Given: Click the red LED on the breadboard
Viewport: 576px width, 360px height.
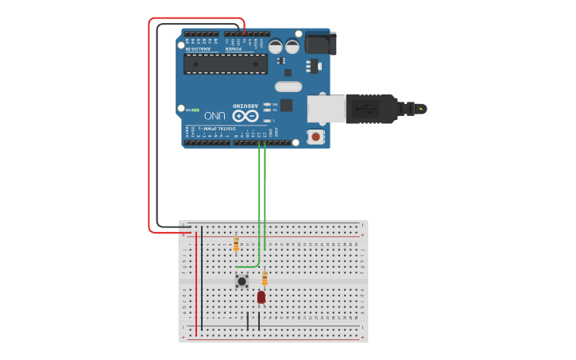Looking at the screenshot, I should point(261,296).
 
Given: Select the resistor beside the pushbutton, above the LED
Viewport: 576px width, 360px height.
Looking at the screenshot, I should point(265,278).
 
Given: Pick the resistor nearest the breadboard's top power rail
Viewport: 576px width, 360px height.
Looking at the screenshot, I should point(236,244).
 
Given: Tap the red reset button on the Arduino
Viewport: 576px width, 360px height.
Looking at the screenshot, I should point(316,137).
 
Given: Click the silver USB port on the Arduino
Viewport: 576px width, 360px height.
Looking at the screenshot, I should point(327,109).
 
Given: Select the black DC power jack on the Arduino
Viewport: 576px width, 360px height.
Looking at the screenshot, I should point(320,43).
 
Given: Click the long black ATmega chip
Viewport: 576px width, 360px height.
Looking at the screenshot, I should point(226,64).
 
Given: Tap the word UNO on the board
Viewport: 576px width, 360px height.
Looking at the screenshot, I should point(215,115).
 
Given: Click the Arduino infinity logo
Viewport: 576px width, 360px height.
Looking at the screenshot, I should point(245,115).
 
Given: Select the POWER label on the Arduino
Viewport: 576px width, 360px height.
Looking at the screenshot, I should point(234,48).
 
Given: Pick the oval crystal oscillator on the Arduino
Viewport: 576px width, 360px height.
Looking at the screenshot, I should point(288,86).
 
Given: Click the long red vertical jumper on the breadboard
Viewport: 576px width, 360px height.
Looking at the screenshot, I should point(196,282).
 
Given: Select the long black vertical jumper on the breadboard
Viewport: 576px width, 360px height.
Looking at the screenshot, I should point(202,278).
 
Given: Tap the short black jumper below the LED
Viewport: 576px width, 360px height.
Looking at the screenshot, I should point(258,321).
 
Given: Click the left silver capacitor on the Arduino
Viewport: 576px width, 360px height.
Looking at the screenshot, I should point(275,47).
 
